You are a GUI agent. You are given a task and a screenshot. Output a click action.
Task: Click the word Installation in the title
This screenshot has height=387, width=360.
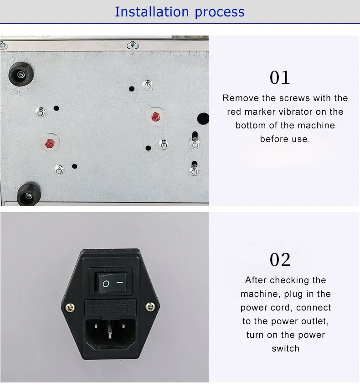click(x=152, y=11)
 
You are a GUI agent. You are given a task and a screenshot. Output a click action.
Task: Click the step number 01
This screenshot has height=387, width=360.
click(x=280, y=77)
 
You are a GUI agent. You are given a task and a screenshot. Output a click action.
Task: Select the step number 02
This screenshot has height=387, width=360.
click(x=280, y=260)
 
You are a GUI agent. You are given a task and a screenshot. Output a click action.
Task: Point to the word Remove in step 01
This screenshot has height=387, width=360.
click(x=241, y=98)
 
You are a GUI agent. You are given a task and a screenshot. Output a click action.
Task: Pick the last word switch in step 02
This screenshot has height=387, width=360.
click(x=285, y=348)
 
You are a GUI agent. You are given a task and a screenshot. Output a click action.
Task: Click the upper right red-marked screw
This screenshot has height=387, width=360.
click(x=155, y=117)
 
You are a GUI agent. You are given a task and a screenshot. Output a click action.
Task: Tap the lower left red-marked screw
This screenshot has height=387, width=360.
click(x=50, y=143)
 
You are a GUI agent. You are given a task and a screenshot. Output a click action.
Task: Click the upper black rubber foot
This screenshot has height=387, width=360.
click(x=21, y=74)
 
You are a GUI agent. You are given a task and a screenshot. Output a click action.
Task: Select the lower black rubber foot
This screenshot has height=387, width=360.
click(x=29, y=195)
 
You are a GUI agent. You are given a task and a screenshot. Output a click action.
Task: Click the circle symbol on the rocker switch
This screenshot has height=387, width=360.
click(x=106, y=284)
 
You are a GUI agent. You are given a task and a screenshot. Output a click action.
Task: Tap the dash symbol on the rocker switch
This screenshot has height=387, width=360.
click(x=120, y=283)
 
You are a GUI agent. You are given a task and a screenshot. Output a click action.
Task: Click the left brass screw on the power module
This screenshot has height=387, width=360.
click(x=70, y=307)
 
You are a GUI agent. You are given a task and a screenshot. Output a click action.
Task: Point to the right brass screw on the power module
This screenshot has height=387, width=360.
click(x=150, y=307)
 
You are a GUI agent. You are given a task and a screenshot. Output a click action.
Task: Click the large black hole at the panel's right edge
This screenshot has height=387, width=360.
click(x=203, y=118)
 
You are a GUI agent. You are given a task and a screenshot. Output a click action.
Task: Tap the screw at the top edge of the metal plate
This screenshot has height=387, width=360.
click(x=133, y=45)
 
